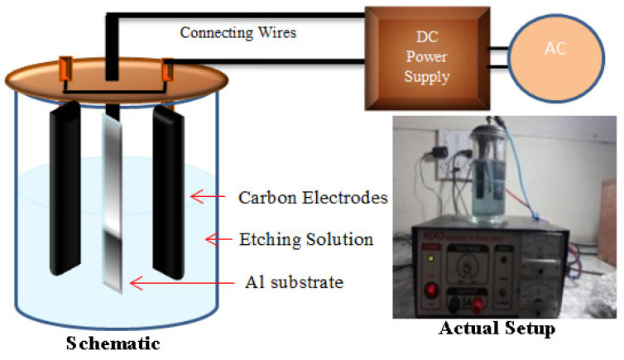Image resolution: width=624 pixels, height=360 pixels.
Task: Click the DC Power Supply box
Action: tap(415, 55)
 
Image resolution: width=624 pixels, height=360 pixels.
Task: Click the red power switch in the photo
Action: tap(431, 290)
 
